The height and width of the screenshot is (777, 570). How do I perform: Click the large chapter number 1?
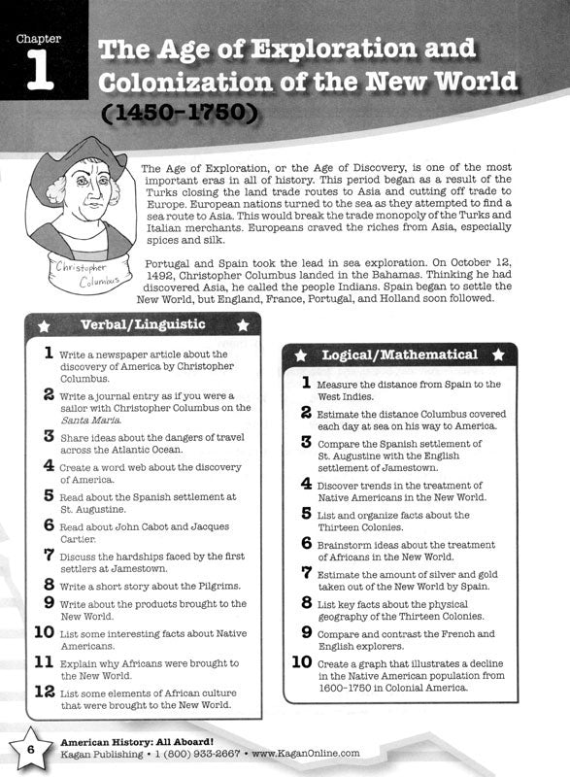(40, 73)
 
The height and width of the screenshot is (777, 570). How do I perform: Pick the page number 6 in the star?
(30, 750)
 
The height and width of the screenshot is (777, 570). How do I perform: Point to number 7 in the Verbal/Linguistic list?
(47, 556)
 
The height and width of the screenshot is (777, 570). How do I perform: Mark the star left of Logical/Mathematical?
(300, 355)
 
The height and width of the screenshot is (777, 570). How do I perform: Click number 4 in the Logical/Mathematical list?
(306, 483)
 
